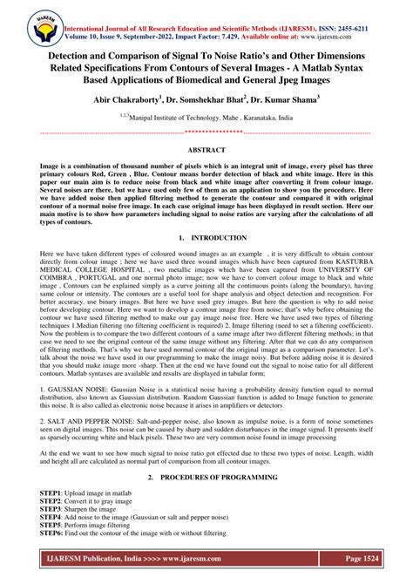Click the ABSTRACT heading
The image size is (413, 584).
tap(206, 150)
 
